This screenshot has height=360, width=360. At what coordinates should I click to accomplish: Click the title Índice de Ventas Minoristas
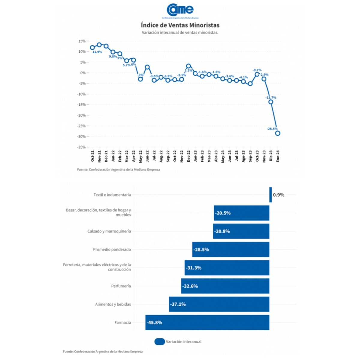point(180,25)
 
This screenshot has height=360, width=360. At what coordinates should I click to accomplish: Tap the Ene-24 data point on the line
point(277,133)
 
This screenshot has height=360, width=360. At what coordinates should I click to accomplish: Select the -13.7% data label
point(271,98)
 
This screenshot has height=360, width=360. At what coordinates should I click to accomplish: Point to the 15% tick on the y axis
point(82,41)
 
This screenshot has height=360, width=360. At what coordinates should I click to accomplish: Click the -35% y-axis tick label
point(81,147)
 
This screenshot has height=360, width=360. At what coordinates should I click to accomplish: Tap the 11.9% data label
point(97,52)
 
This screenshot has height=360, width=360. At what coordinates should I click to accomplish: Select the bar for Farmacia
point(207,322)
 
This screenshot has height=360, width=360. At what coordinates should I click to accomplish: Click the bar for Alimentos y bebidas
point(219,304)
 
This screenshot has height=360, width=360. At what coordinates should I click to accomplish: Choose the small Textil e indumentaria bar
point(271,195)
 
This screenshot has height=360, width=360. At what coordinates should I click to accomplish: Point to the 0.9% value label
point(278,195)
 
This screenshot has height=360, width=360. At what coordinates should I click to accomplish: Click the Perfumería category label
point(121,286)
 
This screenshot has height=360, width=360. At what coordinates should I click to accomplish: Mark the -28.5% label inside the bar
point(201,250)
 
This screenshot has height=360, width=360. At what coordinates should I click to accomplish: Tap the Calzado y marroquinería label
point(109,231)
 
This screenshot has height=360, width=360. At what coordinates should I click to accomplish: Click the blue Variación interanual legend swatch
point(160,342)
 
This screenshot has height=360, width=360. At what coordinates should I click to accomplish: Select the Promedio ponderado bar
point(231,250)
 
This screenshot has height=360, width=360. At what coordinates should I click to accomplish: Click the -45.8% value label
point(154,323)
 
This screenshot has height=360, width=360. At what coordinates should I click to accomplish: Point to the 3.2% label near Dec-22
point(188,70)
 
